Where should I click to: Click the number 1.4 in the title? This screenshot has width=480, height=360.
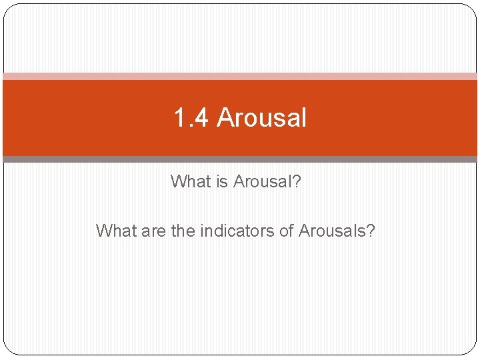pyautogui.click(x=191, y=119)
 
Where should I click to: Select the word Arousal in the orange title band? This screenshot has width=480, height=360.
pyautogui.click(x=261, y=119)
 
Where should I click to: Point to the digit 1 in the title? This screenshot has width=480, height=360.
pyautogui.click(x=179, y=119)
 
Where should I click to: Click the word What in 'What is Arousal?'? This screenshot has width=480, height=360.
pyautogui.click(x=191, y=181)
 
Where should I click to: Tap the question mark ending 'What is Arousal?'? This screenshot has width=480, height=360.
pyautogui.click(x=297, y=181)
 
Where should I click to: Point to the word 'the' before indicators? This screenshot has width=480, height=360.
pyautogui.click(x=184, y=231)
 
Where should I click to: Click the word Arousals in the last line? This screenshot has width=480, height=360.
pyautogui.click(x=332, y=231)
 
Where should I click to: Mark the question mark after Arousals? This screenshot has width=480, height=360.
pyautogui.click(x=371, y=231)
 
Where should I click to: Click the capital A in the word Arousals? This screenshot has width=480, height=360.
pyautogui.click(x=305, y=231)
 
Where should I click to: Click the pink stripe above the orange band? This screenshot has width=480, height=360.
pyautogui.click(x=240, y=76)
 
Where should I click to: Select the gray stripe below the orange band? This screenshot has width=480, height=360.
pyautogui.click(x=240, y=159)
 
